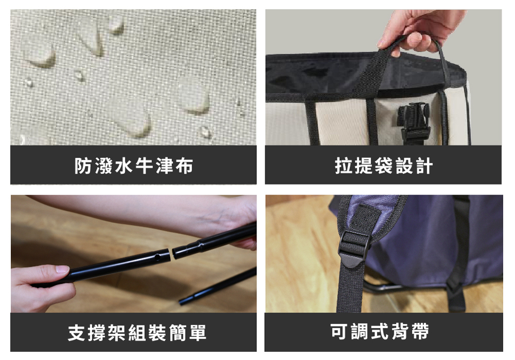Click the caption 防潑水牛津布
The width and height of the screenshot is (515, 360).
click(134, 165)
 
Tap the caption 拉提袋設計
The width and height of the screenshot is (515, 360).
click(384, 165)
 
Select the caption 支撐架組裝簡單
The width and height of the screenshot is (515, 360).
click(137, 332)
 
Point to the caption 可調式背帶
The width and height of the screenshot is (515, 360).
click(380, 331)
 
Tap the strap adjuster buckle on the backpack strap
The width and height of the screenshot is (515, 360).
click(355, 248)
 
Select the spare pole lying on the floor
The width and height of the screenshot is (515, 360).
click(218, 286)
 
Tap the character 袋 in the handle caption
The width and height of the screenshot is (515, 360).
click(383, 165)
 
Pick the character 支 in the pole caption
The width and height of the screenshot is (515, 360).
click(77, 332)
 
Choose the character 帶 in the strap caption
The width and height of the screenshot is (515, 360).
click(420, 331)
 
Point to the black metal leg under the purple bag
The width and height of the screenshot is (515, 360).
click(388, 287)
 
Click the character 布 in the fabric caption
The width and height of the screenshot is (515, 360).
click(184, 165)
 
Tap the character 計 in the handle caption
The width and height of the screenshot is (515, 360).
click(424, 165)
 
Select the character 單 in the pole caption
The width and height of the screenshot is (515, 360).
click(198, 332)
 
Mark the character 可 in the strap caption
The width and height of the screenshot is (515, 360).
click(339, 331)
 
